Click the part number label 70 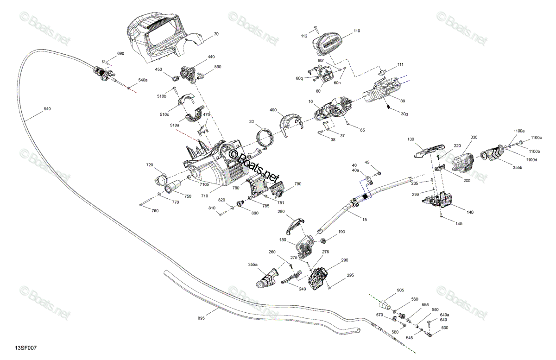[216, 34]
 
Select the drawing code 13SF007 [26, 348]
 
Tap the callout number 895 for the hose [201, 318]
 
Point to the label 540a [143, 80]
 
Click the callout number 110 [357, 31]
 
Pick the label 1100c [536, 138]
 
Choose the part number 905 [400, 290]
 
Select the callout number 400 [273, 110]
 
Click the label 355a [253, 265]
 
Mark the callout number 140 [470, 212]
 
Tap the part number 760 [155, 211]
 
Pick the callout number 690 [120, 53]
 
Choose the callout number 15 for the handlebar [364, 220]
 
